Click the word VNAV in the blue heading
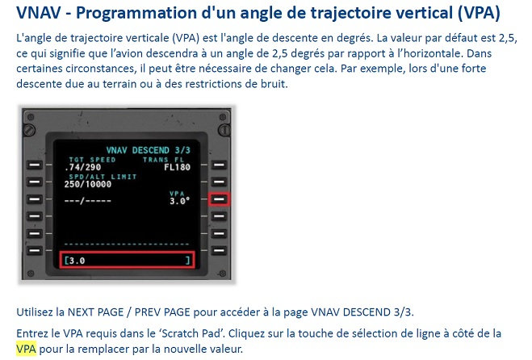(x=38, y=13)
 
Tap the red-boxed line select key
(x=220, y=199)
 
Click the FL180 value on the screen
(x=177, y=167)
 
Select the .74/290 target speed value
(x=83, y=167)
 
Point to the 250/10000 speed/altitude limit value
(x=88, y=184)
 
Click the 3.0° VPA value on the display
(x=180, y=201)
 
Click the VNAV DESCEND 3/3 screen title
(x=149, y=150)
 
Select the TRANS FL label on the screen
(x=163, y=160)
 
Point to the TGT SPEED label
(x=92, y=160)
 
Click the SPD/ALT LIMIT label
(x=103, y=177)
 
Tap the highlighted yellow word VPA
(x=26, y=349)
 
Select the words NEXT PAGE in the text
(x=96, y=312)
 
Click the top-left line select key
(x=35, y=165)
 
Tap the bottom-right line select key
(x=220, y=251)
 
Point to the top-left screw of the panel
(x=31, y=117)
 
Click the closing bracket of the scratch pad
(x=187, y=261)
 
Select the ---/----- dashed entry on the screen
(x=87, y=201)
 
